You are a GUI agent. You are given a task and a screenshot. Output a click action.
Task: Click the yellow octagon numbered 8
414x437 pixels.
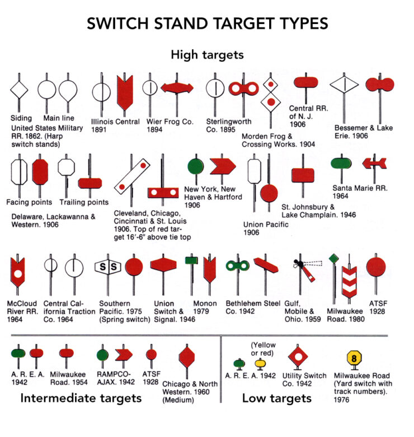[354, 357]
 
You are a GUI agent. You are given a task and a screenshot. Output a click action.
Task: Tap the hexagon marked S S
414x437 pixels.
[108, 267]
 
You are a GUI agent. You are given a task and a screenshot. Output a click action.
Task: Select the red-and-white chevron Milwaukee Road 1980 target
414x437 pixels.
[349, 281]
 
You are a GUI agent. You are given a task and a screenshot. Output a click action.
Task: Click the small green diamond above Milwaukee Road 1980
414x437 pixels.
[333, 258]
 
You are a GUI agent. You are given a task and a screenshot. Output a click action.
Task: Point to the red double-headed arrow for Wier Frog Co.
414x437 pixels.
[177, 88]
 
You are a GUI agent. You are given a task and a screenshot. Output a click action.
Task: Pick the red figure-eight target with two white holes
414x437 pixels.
[244, 89]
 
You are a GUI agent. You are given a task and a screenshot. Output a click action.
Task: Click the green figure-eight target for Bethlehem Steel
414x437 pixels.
[237, 266]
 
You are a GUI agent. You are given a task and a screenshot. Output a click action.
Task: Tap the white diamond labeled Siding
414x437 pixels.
[19, 90]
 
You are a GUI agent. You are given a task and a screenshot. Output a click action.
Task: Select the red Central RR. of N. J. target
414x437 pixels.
[306, 82]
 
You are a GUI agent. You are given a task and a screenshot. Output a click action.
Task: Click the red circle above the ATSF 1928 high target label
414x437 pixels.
[376, 267]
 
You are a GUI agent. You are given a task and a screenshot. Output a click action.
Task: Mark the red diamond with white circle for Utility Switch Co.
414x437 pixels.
[298, 357]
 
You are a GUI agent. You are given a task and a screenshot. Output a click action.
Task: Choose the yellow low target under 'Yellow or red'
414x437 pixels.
[260, 364]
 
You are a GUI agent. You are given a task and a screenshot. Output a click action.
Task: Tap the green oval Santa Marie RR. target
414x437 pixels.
[341, 164]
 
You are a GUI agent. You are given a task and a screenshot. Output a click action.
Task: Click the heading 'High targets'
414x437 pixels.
[207, 55]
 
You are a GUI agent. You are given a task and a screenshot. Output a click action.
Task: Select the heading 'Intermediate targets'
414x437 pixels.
[81, 398]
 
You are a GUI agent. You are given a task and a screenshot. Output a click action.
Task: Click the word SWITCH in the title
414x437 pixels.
[117, 24]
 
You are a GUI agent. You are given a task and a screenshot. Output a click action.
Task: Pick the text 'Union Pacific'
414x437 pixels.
[266, 224]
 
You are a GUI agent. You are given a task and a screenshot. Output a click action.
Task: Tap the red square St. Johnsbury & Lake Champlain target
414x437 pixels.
[303, 175]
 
